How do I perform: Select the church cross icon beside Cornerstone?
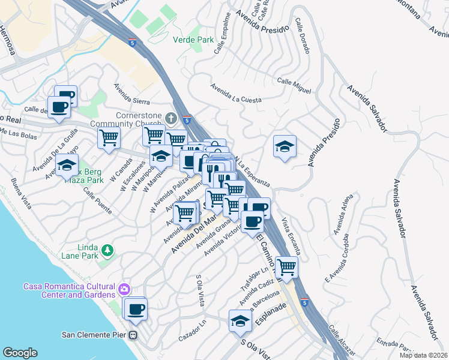click(x=171, y=118)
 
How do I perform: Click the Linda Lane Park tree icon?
click(x=107, y=250)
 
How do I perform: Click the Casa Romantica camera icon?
click(x=124, y=289)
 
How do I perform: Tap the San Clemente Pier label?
click(x=97, y=334)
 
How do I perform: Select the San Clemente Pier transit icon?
click(x=135, y=335)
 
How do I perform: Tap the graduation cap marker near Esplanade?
click(x=240, y=320)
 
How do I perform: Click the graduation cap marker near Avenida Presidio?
click(x=284, y=146)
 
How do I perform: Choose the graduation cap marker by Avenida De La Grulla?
click(x=67, y=164)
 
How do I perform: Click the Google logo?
click(x=20, y=353)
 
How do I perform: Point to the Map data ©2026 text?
click(x=423, y=355)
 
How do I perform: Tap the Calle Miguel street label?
click(x=294, y=86)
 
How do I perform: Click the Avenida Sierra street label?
click(x=133, y=97)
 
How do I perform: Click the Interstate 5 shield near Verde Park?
click(x=132, y=43)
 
